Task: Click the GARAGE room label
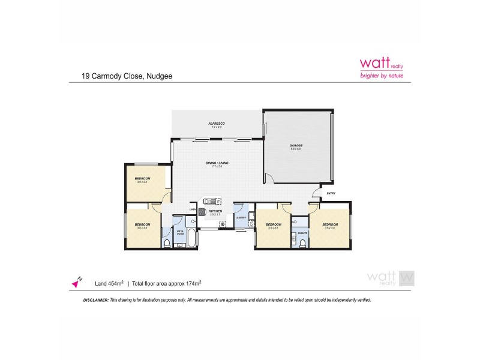pyautogui.click(x=296, y=145)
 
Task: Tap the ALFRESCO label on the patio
pyautogui.click(x=217, y=123)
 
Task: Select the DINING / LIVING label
pyautogui.click(x=217, y=163)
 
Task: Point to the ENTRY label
pyautogui.click(x=331, y=193)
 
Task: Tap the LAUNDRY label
pyautogui.click(x=241, y=218)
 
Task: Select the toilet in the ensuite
pyautogui.click(x=303, y=242)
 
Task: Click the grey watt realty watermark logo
pyautogui.click(x=390, y=278)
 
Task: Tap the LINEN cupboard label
pyautogui.click(x=193, y=209)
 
